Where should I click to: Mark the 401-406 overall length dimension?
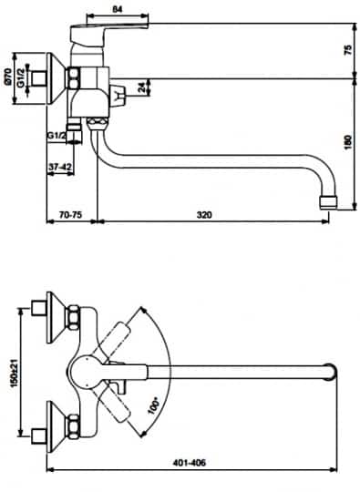pos(186,462)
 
